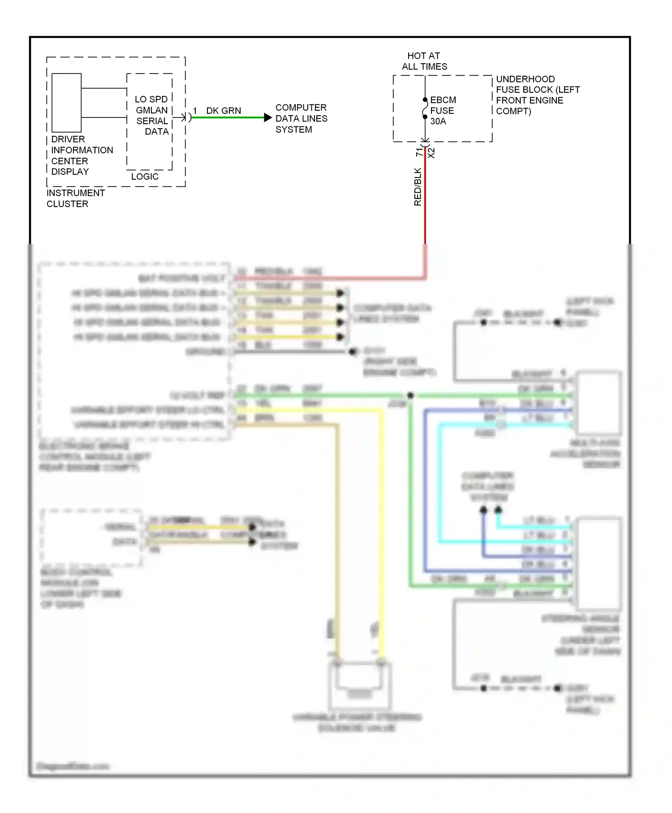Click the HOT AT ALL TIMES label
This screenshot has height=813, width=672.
[x=424, y=61]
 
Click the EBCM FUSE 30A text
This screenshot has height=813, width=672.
[x=443, y=110]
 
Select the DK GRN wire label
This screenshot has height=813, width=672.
[x=224, y=110]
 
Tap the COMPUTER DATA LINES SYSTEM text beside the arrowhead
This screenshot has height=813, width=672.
[x=301, y=118]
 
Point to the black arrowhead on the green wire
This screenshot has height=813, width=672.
[x=268, y=117]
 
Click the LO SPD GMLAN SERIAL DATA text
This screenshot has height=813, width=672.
[x=152, y=115]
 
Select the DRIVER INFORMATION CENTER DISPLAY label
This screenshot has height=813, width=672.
[x=82, y=155]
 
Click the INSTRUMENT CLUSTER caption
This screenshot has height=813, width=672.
[x=75, y=198]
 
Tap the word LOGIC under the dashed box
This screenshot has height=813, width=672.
[x=145, y=177]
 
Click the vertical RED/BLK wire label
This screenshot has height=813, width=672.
[x=418, y=187]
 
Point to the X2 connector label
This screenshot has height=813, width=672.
[x=431, y=153]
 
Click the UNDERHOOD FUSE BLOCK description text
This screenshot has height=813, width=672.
[x=537, y=95]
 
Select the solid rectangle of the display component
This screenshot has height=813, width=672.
[x=66, y=102]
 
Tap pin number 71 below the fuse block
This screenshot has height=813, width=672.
[x=419, y=152]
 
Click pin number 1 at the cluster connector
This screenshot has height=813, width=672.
[x=195, y=111]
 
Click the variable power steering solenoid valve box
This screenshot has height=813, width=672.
[x=360, y=684]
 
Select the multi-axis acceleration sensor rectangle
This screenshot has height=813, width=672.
[x=599, y=402]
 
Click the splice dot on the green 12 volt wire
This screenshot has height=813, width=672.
[x=410, y=395]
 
